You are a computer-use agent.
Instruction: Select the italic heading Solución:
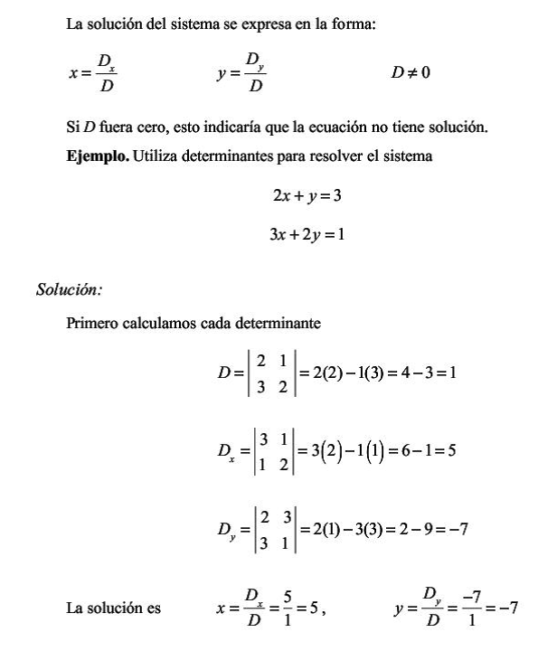click(x=69, y=290)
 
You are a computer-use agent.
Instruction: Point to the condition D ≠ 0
click(x=410, y=72)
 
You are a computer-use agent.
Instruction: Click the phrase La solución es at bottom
click(x=114, y=608)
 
